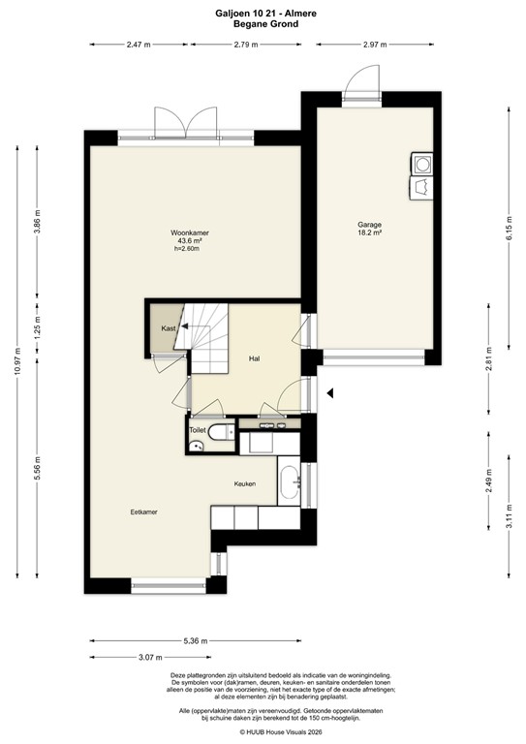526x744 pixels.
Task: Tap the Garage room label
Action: coord(368,224)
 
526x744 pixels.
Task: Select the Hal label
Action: coord(254,358)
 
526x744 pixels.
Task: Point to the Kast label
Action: coord(168,329)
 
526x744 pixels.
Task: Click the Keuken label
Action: coord(245,483)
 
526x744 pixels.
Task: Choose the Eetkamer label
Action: coord(144,511)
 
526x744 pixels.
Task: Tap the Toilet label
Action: coord(198,429)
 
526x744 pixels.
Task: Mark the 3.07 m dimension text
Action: coord(150,658)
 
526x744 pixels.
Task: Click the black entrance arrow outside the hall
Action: coord(329,392)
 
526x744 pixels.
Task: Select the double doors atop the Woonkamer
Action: coord(183,124)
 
